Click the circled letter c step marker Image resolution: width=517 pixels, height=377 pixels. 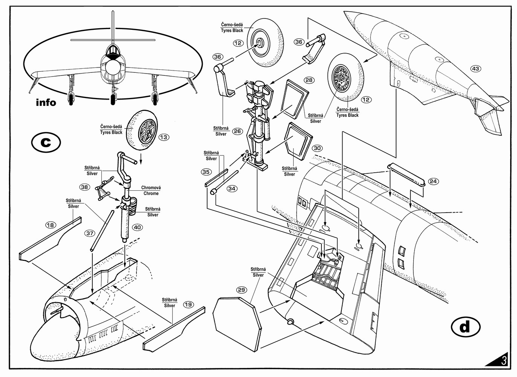(x=46, y=143)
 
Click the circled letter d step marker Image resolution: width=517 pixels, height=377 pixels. (x=465, y=327)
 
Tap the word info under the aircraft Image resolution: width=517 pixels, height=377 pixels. (x=46, y=102)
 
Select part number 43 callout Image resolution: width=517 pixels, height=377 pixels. (x=476, y=69)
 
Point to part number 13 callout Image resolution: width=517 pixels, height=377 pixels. (x=164, y=137)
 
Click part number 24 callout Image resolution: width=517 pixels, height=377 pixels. (x=433, y=181)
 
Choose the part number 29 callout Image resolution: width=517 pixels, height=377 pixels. (x=242, y=290)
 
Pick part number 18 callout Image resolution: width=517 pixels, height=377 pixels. (x=50, y=225)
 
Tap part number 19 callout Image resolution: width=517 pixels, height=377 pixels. (x=188, y=305)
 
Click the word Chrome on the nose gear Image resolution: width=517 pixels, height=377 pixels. (x=151, y=193)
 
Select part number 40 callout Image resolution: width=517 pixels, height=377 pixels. (x=137, y=227)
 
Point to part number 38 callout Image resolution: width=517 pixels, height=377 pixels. (x=84, y=187)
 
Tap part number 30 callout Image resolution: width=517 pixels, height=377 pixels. (x=317, y=148)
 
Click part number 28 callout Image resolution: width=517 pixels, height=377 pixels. (x=309, y=80)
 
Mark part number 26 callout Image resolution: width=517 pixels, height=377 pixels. (x=237, y=131)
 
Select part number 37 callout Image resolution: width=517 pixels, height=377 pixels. (x=90, y=233)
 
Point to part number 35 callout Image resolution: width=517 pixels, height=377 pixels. (x=206, y=172)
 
